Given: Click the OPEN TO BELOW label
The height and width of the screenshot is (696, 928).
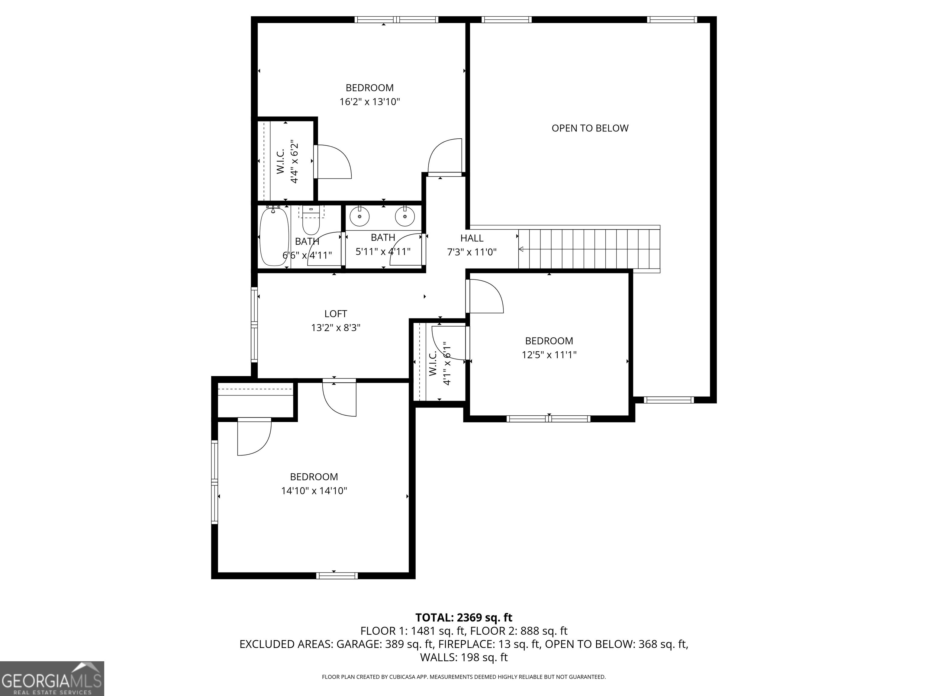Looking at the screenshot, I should pos(590,128).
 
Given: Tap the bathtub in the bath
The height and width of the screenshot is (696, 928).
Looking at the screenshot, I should pos(274,237).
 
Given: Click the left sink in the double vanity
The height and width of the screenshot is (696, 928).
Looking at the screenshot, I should pos(359,217).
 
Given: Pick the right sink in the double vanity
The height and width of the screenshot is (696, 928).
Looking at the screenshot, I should pos(405,217).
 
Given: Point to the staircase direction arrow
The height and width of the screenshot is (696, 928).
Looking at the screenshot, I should pos(521,250).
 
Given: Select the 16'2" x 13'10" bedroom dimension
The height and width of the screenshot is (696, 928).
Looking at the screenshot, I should pos(370,101).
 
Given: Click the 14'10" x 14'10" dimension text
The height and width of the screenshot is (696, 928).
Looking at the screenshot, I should pos(314,490).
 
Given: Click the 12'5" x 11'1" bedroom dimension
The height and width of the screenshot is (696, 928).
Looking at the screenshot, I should pos(549,355).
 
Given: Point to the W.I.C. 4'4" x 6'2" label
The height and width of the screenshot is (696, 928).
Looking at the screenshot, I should pos(287,162).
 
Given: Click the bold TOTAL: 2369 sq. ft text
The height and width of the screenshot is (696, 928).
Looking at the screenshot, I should pos(464,617).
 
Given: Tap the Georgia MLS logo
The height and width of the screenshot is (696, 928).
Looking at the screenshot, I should pos(52,678).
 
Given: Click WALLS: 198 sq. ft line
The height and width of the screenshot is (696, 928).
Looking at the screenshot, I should pos(464,657).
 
